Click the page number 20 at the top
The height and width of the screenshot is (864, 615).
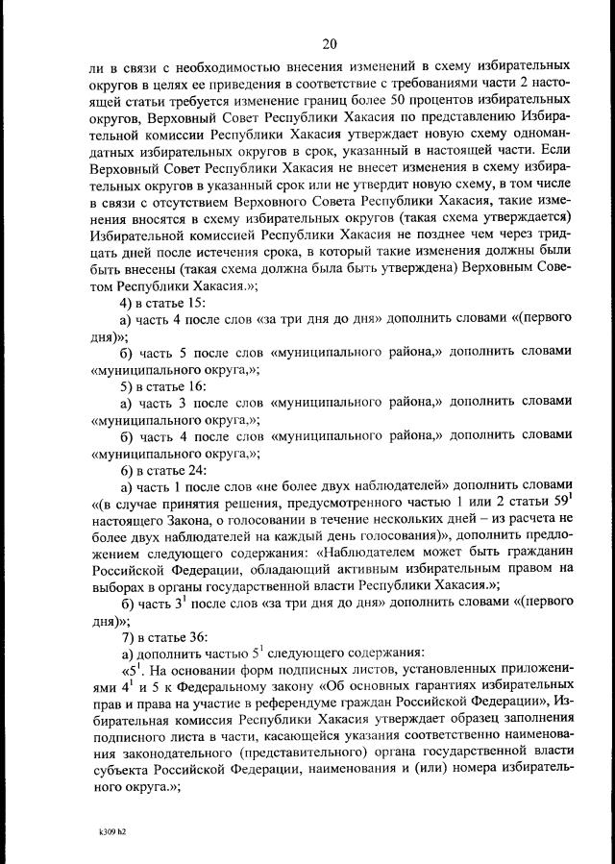329,43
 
